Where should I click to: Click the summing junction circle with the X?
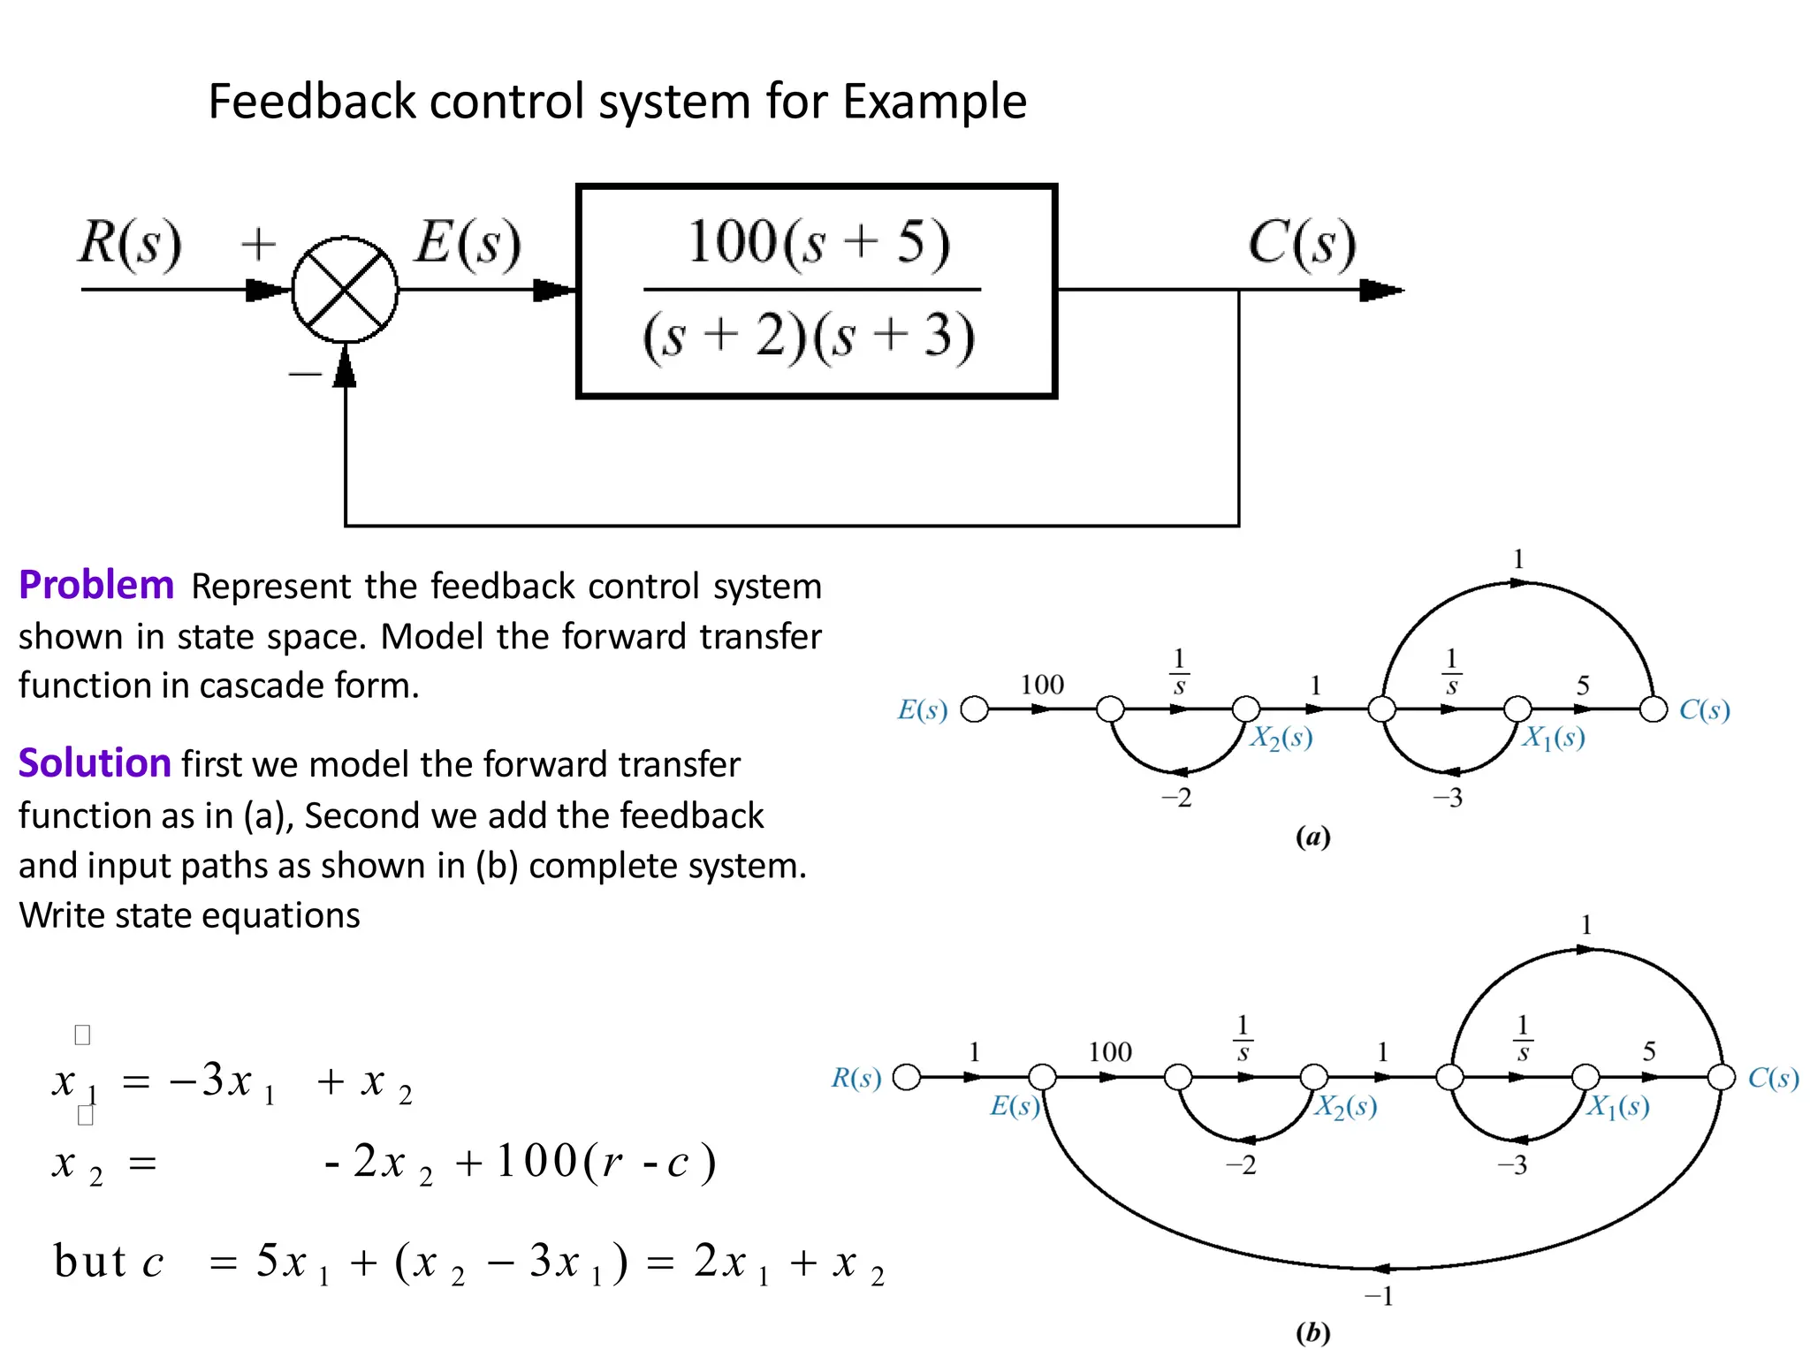pos(345,290)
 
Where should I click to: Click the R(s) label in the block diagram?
pos(131,242)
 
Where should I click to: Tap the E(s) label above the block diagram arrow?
pos(468,242)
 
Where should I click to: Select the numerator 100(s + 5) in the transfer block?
pos(818,242)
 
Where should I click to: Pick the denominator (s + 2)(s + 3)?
pos(810,337)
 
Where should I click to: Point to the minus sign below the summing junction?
pos(305,375)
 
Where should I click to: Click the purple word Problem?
pos(96,586)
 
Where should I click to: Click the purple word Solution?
pos(95,763)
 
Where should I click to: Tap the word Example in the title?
pos(934,102)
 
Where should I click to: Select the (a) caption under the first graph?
pos(1312,836)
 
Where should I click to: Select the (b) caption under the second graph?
pos(1312,1331)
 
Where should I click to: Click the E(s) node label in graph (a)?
pos(922,709)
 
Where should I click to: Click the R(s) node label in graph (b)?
pos(856,1078)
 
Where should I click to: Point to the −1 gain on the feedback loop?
pos(1379,1296)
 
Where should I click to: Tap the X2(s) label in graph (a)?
pos(1281,738)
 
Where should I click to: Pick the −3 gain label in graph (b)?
pos(1512,1165)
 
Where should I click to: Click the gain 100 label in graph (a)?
pos(1042,685)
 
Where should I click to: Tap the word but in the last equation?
pos(90,1261)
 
